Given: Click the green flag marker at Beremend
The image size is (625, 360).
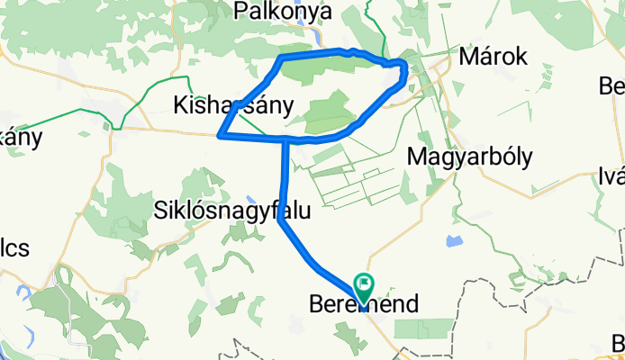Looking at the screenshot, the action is pos(365,264).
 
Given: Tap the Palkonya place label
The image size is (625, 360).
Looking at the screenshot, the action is pos(282,12).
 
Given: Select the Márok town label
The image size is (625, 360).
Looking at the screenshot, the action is pos(493,57).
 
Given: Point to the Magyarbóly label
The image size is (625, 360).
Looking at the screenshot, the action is pos(469,156).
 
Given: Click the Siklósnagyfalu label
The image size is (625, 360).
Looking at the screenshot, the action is pos(231,211).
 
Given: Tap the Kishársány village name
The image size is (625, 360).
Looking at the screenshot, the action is pos(232,105).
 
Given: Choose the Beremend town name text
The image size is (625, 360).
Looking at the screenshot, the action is pos(364,303).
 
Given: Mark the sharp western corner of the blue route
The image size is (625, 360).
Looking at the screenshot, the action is pos(221,136).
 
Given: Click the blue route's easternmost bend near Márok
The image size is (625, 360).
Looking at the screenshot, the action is pos(406,68).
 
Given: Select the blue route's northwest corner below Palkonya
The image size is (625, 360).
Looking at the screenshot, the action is pos(282,58).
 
